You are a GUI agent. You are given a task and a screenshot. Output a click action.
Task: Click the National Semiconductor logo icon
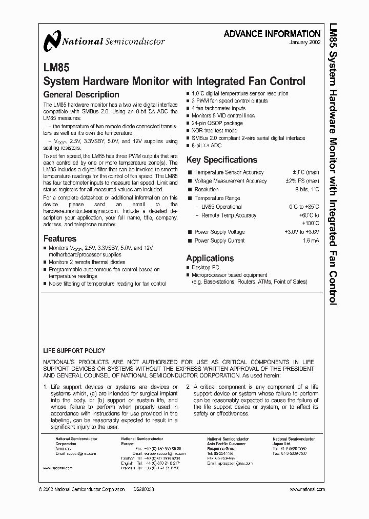52,41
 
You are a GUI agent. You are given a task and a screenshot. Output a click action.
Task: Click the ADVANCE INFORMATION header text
272,33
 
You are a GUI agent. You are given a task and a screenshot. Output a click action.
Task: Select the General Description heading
81,95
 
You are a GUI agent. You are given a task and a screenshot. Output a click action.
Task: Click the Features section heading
59,238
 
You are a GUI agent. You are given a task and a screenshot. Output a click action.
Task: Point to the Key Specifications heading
221,160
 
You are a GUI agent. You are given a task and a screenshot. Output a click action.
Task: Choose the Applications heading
210,258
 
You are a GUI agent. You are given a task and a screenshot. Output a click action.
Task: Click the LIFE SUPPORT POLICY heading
74,351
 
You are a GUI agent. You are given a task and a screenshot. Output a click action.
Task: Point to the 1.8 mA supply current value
311,241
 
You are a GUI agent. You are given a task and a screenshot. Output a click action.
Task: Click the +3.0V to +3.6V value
301,232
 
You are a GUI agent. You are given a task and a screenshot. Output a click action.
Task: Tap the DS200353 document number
143,490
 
